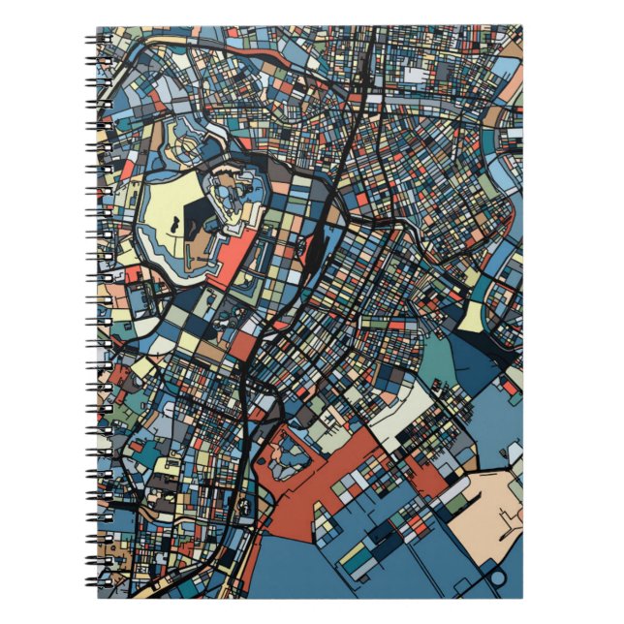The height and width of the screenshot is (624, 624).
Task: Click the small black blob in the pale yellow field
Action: coord(174,225)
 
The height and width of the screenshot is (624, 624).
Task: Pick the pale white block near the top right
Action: coord(415,74)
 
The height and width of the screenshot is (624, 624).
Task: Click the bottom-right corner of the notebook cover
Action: coord(520,596)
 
